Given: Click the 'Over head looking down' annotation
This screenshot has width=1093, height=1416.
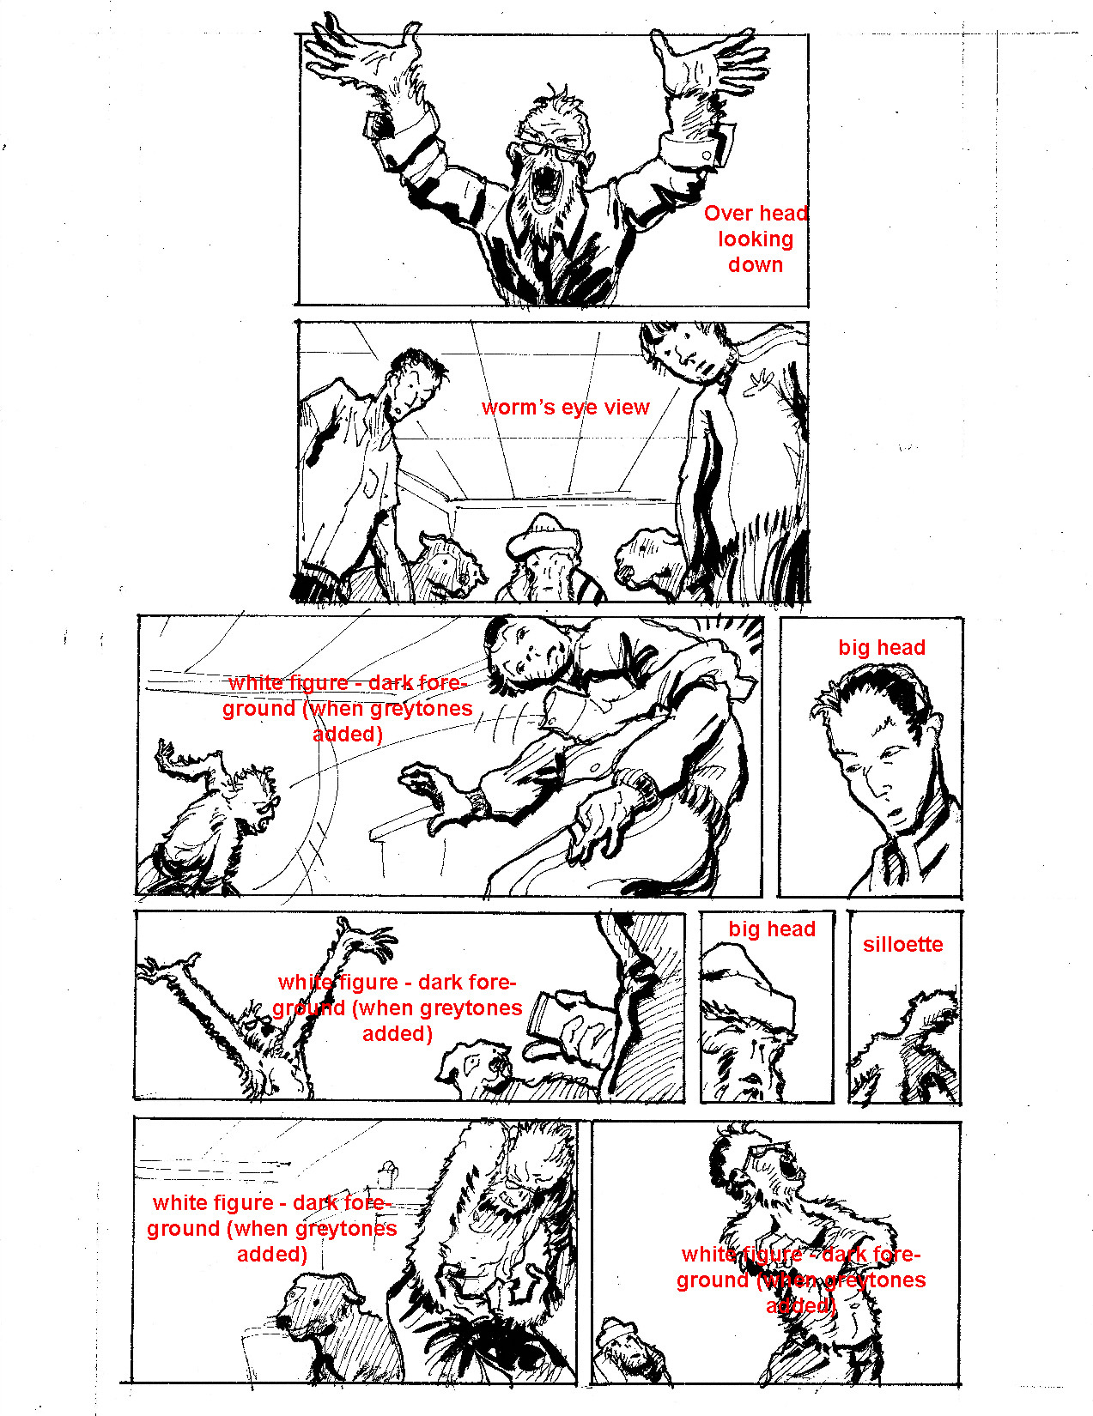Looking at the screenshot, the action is (x=756, y=239).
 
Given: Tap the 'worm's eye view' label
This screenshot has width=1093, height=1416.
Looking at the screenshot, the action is (x=566, y=408).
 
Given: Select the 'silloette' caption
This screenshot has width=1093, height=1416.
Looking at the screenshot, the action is (x=902, y=944).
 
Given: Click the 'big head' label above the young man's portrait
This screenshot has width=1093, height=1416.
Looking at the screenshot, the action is (x=882, y=648).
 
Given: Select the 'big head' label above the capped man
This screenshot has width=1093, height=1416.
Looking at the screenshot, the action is (x=772, y=929).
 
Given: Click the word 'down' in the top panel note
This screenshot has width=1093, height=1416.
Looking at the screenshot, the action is (x=756, y=264).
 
